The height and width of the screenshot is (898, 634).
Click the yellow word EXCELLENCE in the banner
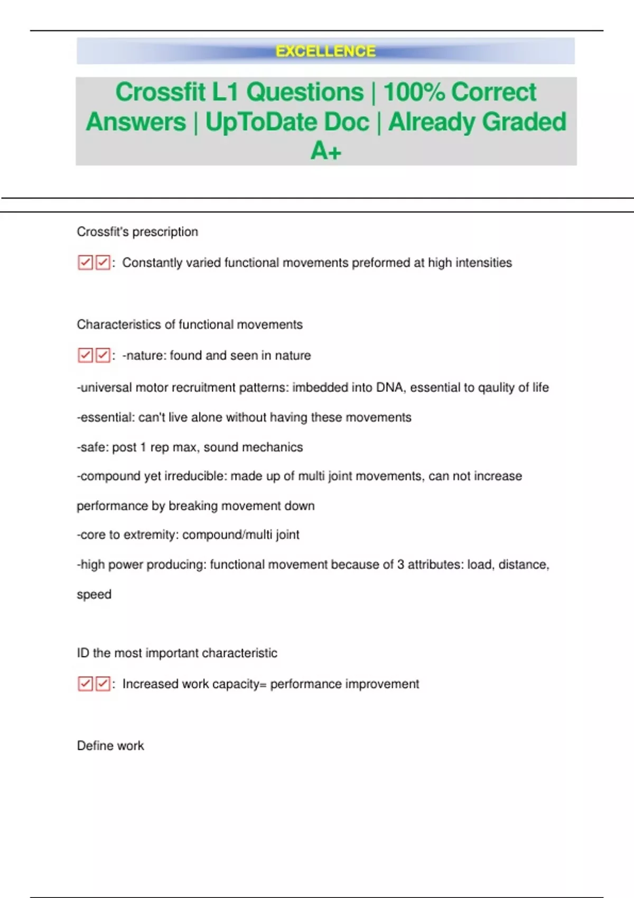(x=325, y=51)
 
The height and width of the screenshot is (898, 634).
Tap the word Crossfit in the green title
(x=160, y=92)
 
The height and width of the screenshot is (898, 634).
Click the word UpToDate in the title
(x=287, y=122)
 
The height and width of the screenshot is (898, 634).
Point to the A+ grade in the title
(x=325, y=151)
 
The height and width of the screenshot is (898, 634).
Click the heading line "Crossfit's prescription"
(x=137, y=232)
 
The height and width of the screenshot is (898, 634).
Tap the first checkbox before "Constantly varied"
(x=85, y=263)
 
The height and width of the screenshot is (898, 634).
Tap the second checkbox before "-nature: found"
(x=102, y=355)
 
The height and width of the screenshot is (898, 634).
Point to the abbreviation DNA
(x=390, y=387)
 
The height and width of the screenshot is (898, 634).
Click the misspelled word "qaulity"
(x=496, y=387)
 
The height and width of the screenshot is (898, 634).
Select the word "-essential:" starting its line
(x=106, y=417)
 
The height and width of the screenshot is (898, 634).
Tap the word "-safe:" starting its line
(x=92, y=447)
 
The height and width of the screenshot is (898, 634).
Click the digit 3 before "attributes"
(x=400, y=565)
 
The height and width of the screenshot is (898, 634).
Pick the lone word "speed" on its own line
(x=94, y=594)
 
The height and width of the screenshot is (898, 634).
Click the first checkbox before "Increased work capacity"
(x=85, y=684)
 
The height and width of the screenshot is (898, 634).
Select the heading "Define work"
(x=110, y=746)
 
